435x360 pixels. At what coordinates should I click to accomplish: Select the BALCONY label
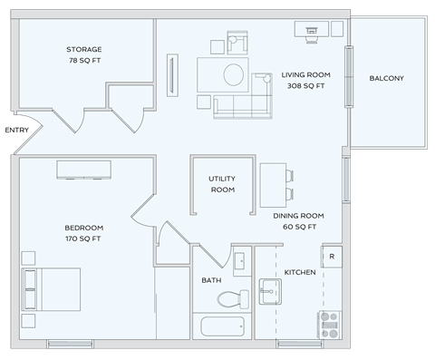click(x=386, y=79)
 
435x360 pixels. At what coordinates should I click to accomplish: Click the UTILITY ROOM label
click(x=222, y=184)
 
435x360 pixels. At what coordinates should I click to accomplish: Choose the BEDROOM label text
click(x=83, y=228)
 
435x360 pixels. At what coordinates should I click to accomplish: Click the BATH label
click(x=211, y=280)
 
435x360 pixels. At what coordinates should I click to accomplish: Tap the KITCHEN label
click(x=300, y=272)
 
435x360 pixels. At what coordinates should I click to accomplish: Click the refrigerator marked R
click(x=332, y=257)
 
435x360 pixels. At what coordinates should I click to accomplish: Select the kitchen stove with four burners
click(x=328, y=322)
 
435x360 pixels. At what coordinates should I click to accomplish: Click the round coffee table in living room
click(x=233, y=73)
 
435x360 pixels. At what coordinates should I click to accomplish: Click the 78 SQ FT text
click(x=84, y=60)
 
